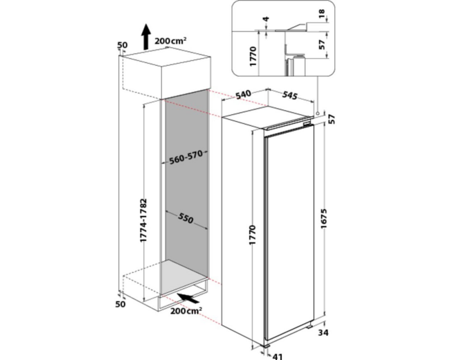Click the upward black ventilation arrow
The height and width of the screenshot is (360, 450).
click(x=146, y=37)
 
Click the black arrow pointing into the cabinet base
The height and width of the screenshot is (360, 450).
click(x=188, y=298)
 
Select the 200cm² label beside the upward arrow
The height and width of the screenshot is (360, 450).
click(x=170, y=41)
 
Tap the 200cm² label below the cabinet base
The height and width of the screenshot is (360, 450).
click(x=186, y=311)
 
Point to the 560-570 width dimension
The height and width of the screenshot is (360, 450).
click(x=186, y=157)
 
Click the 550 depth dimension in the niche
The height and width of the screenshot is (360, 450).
click(x=186, y=219)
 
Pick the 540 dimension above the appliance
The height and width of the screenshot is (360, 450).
click(x=244, y=94)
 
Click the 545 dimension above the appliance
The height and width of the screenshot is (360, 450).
click(x=289, y=95)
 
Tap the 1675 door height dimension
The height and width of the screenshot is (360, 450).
click(x=324, y=219)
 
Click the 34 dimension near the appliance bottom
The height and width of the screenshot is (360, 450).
click(x=323, y=333)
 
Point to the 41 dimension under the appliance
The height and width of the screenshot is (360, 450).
click(x=277, y=357)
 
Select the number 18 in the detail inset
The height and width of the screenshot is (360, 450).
click(x=322, y=13)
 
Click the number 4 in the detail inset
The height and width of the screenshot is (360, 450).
click(x=267, y=19)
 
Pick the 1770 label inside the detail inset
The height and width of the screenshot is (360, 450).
click(x=253, y=57)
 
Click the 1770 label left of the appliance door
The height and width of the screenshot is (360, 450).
click(x=252, y=235)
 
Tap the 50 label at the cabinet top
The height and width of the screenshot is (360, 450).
click(x=123, y=45)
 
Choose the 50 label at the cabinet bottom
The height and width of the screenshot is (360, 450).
click(x=120, y=304)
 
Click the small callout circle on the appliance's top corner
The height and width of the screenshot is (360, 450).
click(x=318, y=114)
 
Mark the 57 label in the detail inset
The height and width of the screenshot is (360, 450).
click(x=322, y=44)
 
